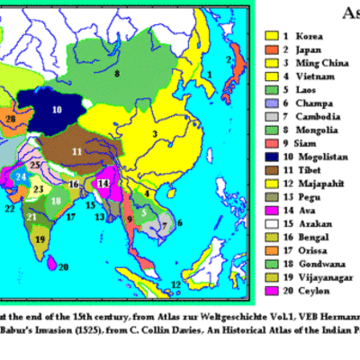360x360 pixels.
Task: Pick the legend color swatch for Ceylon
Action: tap(271, 291)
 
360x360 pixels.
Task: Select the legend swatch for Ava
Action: tap(271, 210)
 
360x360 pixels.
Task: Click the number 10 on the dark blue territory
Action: tap(56, 110)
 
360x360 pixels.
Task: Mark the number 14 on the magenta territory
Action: tap(103, 184)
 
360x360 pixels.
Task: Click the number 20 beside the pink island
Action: tap(63, 266)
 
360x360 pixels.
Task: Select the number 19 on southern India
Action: tap(40, 238)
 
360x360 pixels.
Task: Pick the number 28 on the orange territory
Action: tap(10, 119)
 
